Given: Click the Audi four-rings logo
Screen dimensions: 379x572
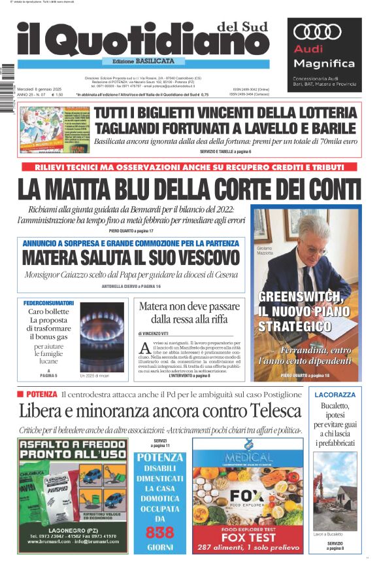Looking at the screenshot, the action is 318,31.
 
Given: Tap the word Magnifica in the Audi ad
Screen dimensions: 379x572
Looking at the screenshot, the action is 323,63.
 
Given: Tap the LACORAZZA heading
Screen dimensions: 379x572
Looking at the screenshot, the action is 335,395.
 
